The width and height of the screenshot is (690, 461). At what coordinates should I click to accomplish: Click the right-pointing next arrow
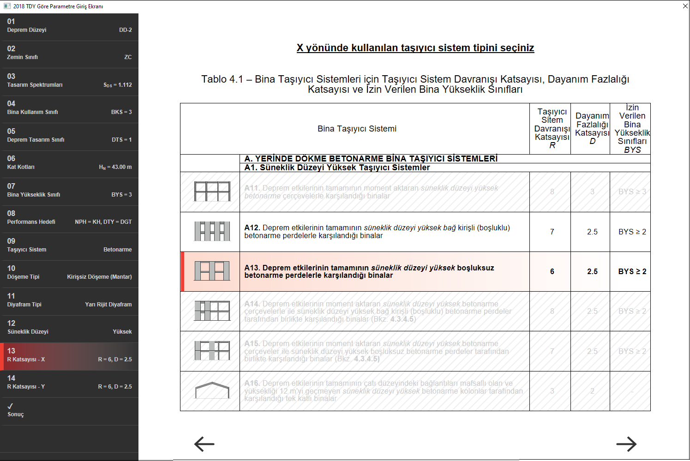coord(626,444)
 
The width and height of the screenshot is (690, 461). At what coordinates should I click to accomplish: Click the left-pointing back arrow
coord(204,444)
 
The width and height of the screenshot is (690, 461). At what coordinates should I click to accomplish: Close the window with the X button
coord(685,6)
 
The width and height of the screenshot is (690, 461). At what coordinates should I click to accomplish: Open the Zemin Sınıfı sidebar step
coord(69,54)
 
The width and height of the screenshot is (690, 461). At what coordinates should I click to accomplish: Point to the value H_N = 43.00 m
coord(115,167)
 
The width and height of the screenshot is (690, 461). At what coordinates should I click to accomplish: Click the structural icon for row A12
coord(212,231)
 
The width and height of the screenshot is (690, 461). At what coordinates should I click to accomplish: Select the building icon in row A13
coord(212,271)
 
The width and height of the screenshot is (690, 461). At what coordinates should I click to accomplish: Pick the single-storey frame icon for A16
coord(212,390)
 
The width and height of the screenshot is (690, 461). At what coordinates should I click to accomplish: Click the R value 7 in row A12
coord(552,232)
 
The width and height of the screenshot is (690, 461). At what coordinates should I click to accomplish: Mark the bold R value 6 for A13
coord(552,271)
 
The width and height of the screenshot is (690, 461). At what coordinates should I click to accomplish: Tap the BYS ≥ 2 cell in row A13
coord(632,271)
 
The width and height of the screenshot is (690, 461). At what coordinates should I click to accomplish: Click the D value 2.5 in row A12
coord(592,232)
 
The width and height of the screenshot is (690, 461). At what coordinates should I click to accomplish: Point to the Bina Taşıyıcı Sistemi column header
coord(357,129)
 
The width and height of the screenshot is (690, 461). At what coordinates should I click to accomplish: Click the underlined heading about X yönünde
coord(415,48)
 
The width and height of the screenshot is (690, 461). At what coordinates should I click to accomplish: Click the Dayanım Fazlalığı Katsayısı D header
coord(592,128)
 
